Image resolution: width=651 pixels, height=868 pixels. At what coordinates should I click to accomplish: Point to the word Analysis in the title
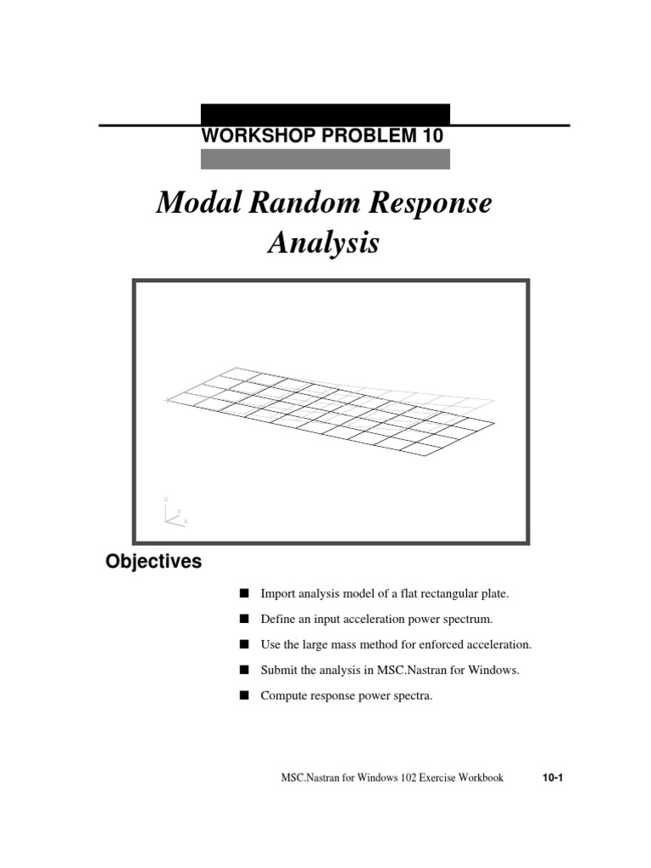pos(323,244)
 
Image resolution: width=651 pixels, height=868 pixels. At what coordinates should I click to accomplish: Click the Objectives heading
pos(153,561)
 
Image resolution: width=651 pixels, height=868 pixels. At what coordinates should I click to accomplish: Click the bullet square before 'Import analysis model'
pos(245,593)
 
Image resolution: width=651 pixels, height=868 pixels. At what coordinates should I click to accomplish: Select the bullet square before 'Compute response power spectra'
pos(245,696)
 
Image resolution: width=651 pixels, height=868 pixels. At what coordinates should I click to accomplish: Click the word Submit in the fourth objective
pos(280,670)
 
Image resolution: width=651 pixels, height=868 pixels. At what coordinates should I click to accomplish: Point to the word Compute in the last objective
pos(286,696)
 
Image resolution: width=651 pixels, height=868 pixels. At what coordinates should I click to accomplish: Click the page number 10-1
pos(552,777)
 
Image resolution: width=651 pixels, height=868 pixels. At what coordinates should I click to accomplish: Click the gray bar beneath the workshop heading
pos(325,159)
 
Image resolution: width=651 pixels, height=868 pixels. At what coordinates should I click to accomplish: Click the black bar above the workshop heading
pos(325,114)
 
